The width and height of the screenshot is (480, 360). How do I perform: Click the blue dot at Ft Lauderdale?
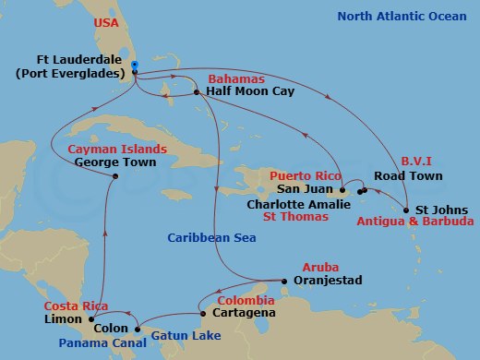[x=135, y=66]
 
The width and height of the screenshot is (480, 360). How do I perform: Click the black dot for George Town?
[x=114, y=177]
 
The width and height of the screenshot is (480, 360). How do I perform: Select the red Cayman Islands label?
[x=117, y=149]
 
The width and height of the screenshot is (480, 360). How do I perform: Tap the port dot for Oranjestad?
[x=283, y=280]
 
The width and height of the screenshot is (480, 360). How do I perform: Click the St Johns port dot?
[x=407, y=210]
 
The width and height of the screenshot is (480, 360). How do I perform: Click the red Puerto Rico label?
[x=302, y=175]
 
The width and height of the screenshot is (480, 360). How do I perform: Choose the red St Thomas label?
[x=295, y=217]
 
